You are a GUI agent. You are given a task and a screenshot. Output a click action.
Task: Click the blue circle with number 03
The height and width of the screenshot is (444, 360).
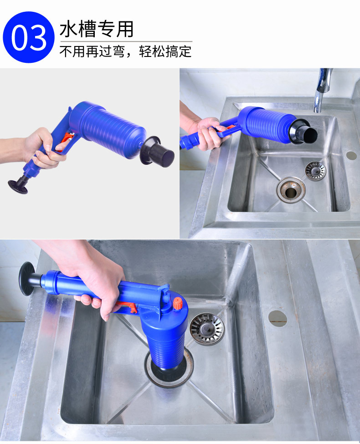[x=29, y=37]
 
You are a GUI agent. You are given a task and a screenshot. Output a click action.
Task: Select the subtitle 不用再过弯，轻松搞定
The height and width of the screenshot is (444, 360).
[x=126, y=51]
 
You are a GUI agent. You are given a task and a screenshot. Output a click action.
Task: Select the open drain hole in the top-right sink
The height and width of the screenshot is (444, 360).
[x=291, y=190]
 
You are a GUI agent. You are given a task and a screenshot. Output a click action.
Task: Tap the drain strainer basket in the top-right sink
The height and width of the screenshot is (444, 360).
[x=315, y=171]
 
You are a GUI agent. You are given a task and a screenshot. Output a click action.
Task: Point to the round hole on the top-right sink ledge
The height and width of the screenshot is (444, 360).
[x=351, y=155]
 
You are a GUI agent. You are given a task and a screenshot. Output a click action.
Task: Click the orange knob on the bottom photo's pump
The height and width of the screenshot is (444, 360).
[x=177, y=303]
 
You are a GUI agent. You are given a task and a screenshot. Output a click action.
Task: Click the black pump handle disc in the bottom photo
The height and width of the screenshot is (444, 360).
[x=27, y=279]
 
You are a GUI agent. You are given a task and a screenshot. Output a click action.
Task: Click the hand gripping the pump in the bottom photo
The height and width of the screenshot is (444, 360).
[x=99, y=286]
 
